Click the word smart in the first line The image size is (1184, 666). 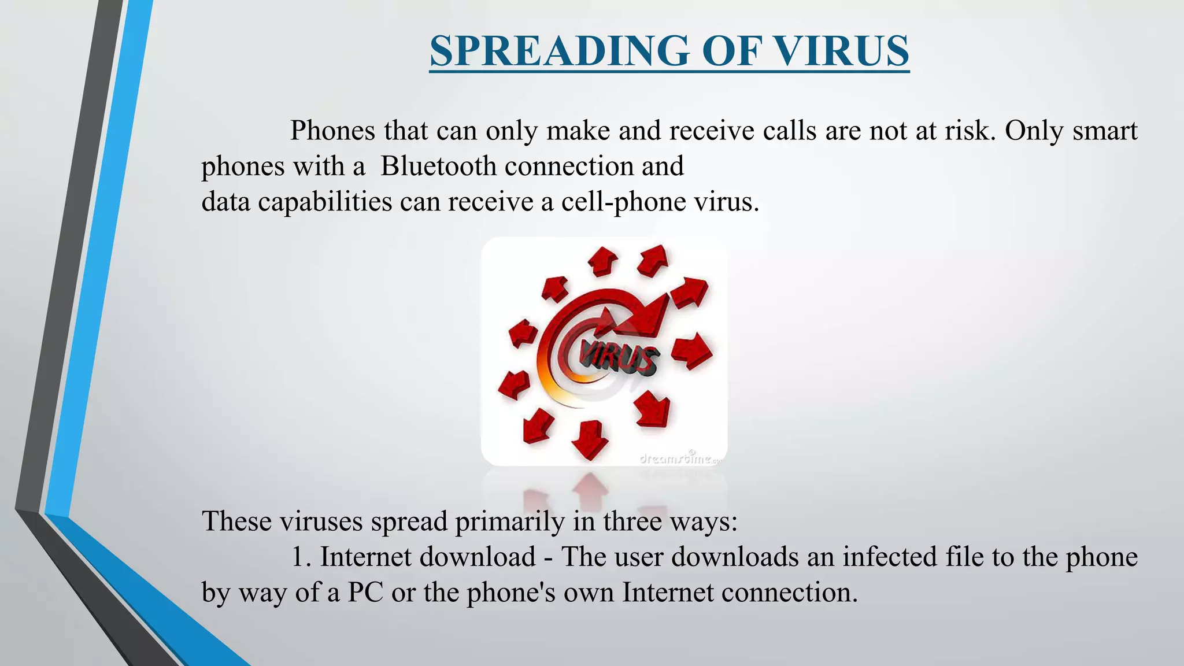(x=1105, y=131)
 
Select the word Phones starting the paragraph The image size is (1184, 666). (x=332, y=131)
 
